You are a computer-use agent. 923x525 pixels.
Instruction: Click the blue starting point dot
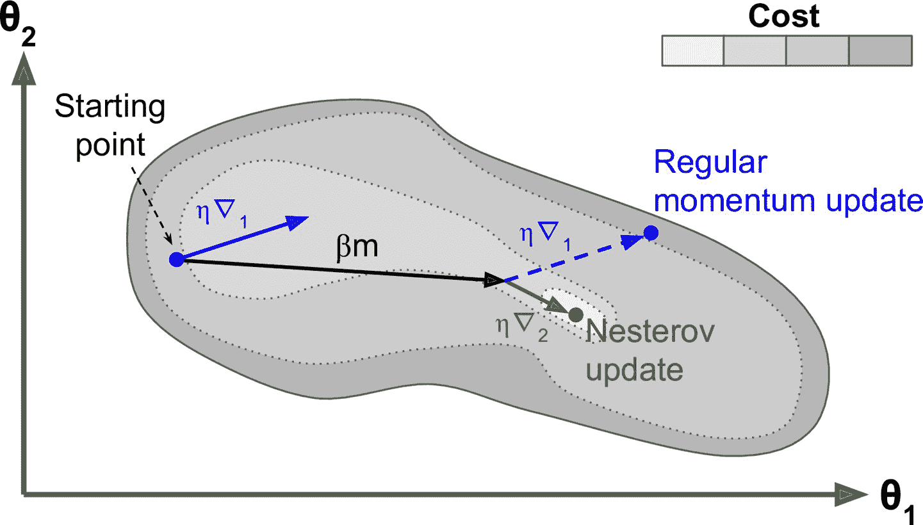[x=176, y=259]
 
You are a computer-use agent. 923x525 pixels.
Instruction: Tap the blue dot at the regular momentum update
[x=650, y=233]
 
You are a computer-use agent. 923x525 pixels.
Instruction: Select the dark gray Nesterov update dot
[x=575, y=314]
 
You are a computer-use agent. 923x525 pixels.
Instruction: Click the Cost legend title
[x=783, y=17]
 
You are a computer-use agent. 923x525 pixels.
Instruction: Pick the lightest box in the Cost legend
[x=692, y=51]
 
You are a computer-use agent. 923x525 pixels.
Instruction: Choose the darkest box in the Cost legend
[x=880, y=51]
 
